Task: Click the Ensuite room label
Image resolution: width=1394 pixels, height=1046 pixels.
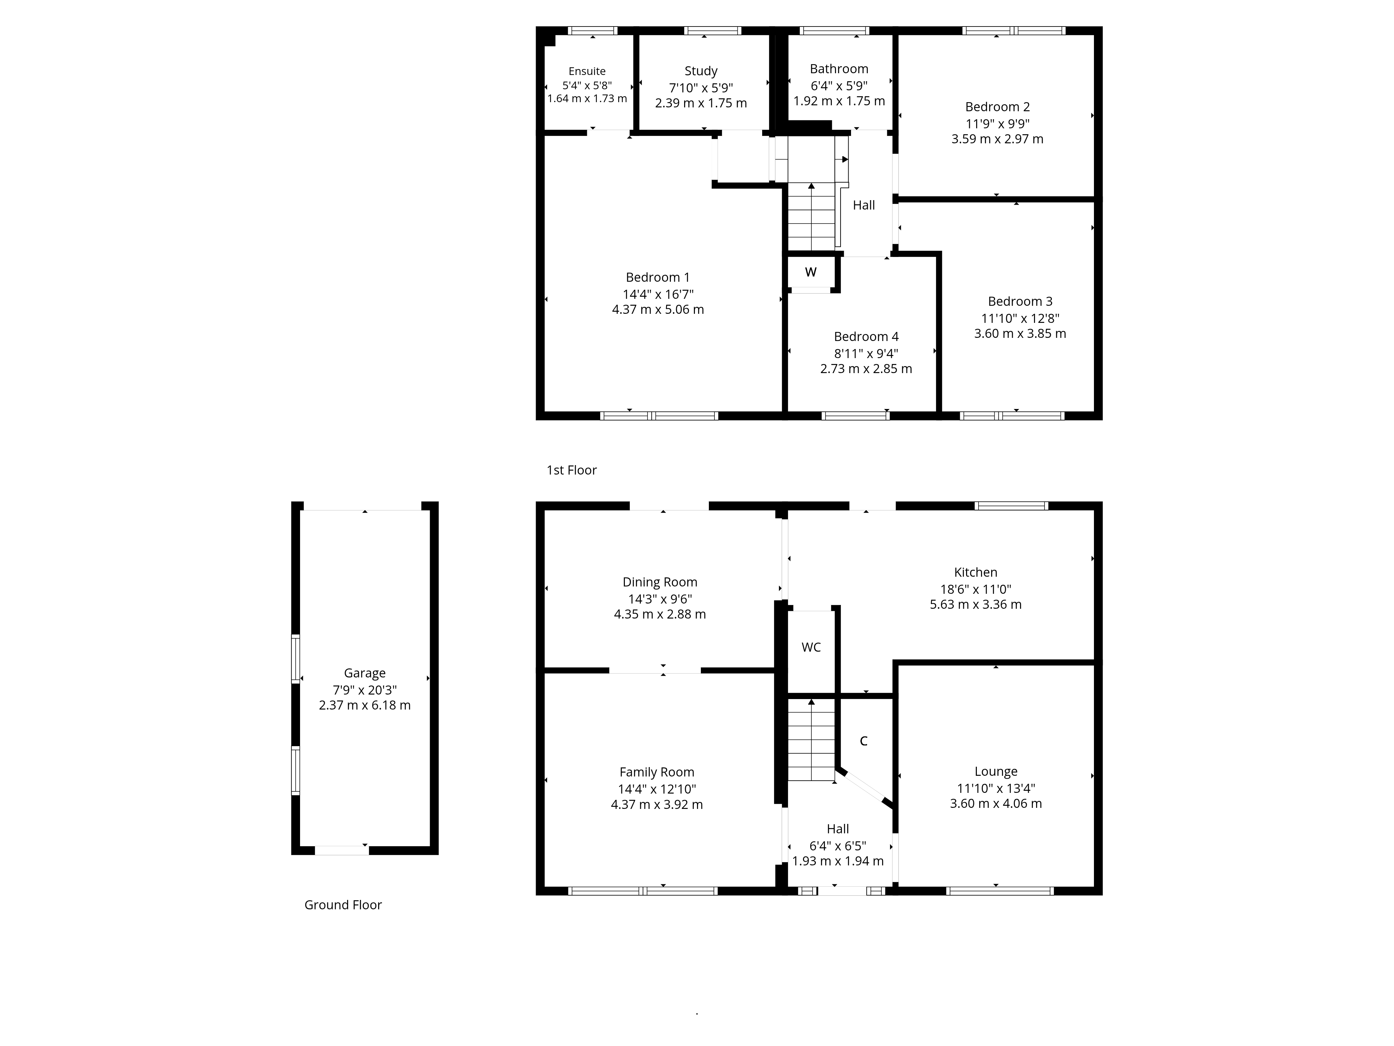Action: (587, 71)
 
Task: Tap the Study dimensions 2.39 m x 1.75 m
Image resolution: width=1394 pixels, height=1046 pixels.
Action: (701, 103)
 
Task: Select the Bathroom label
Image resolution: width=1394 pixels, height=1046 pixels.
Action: (839, 69)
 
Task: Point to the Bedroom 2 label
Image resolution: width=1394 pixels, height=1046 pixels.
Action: (997, 107)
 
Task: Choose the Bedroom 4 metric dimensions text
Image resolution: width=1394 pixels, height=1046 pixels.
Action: (866, 369)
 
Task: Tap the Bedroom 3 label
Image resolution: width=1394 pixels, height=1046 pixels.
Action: (1020, 301)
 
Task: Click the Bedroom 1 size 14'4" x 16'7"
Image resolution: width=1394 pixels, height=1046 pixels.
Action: (658, 294)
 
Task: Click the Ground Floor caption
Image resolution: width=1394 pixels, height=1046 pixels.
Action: (343, 905)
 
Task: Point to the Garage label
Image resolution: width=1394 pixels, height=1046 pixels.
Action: (364, 673)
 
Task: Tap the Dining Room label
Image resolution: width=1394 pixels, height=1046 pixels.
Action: (660, 582)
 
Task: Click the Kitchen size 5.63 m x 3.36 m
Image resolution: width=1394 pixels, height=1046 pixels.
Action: (975, 604)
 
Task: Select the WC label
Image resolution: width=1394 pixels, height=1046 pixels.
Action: (811, 647)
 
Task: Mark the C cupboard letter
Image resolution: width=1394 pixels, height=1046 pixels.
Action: (863, 741)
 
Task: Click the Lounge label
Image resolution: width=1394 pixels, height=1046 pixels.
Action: (996, 771)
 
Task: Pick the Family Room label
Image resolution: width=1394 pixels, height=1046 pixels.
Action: (657, 772)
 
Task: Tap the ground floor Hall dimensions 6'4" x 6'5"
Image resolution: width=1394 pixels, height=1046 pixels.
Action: (837, 846)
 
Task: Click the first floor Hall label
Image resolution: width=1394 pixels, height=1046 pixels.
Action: (863, 205)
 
